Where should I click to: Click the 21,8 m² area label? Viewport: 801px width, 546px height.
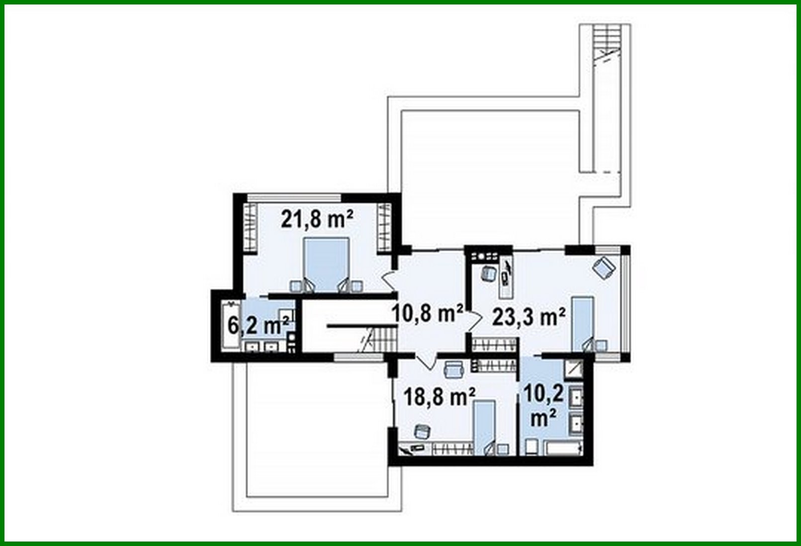317,219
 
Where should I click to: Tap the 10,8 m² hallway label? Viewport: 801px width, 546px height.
427,313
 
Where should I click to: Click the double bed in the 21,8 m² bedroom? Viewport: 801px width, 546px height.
326,264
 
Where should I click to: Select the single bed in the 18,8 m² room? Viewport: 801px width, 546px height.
483,425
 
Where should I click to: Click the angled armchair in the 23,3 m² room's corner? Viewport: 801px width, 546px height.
604,268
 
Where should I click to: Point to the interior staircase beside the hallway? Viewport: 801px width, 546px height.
383,342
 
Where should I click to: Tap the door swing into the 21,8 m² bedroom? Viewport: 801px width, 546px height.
388,281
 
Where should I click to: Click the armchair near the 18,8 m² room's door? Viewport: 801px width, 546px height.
453,368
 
